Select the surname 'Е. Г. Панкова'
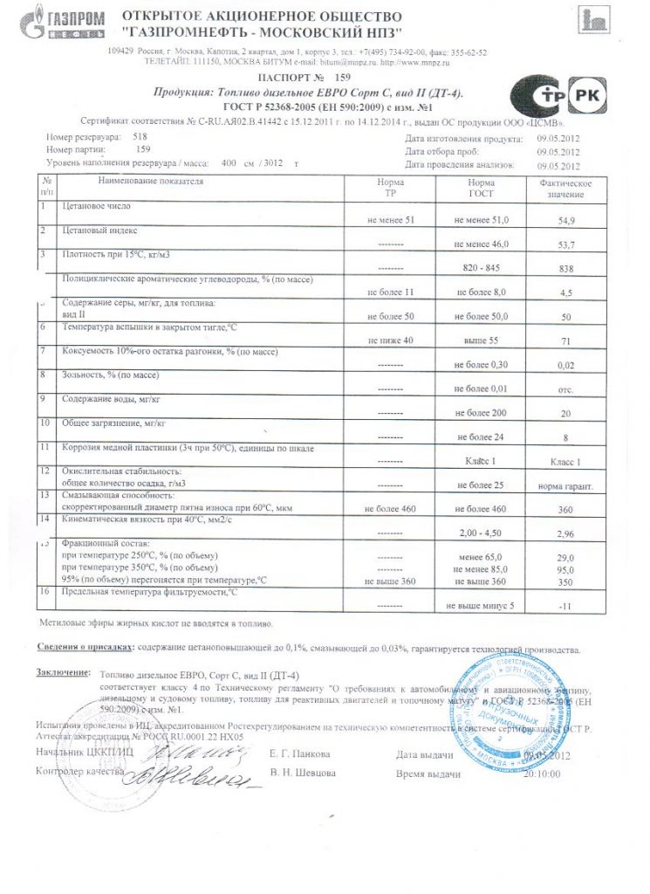pyautogui.click(x=300, y=753)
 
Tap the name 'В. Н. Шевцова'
pyautogui.click(x=300, y=774)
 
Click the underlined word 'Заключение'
pyautogui.click(x=64, y=672)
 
